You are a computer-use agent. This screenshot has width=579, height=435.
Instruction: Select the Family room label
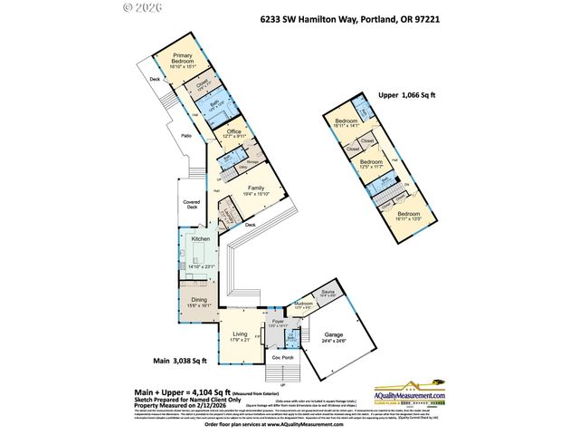tap(257, 188)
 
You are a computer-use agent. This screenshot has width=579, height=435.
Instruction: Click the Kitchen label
tap(200, 238)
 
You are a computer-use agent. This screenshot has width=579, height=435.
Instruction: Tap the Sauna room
tap(327, 293)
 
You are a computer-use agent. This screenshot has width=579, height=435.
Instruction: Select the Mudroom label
tap(303, 306)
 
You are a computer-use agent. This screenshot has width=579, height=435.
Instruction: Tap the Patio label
tap(185, 136)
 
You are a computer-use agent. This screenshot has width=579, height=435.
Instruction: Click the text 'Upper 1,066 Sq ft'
tap(405, 94)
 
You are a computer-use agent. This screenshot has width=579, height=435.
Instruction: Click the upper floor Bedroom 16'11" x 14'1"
tap(347, 123)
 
